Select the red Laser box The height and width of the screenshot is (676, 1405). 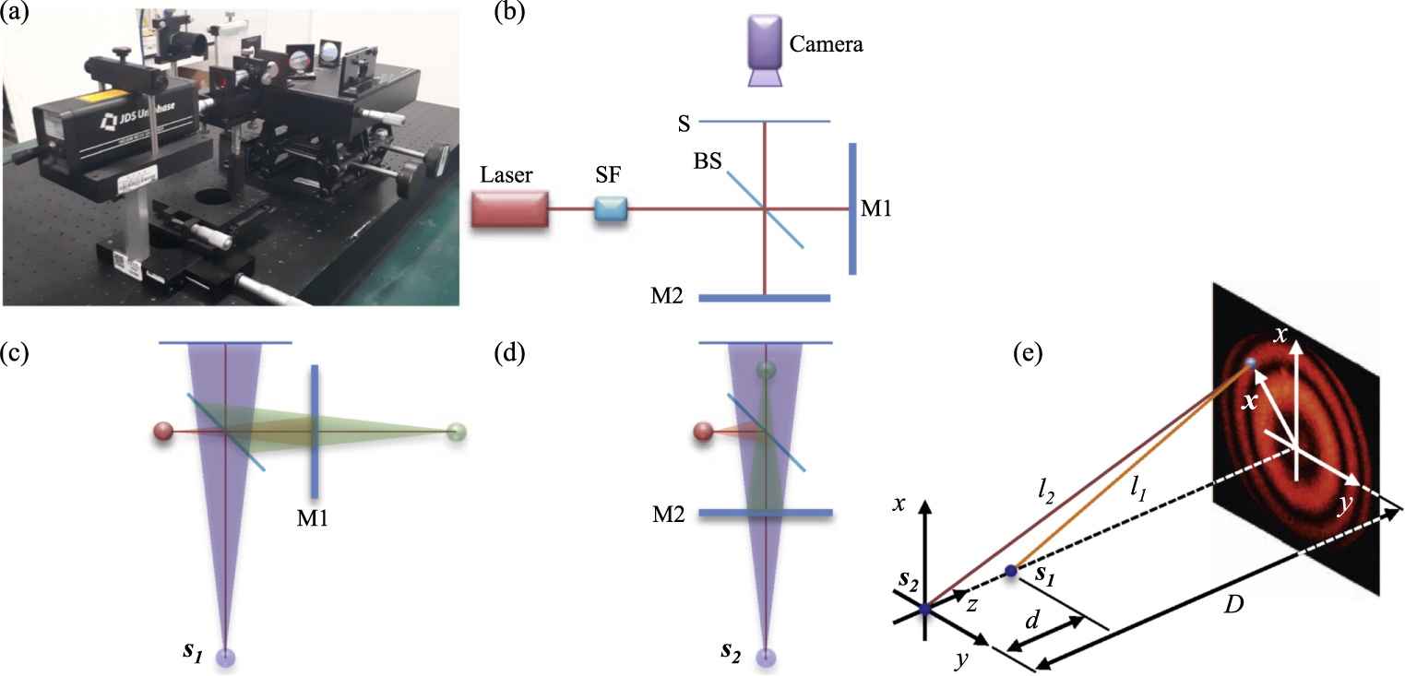pos(511,210)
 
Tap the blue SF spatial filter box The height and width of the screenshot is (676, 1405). pos(610,210)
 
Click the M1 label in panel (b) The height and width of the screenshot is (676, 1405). pos(876,209)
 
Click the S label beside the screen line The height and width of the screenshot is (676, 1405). pos(683,122)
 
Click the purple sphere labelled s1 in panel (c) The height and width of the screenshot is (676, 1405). pos(226,657)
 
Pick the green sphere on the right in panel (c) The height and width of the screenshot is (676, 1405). pos(456,431)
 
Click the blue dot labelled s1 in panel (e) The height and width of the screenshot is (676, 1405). pos(1011,572)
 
